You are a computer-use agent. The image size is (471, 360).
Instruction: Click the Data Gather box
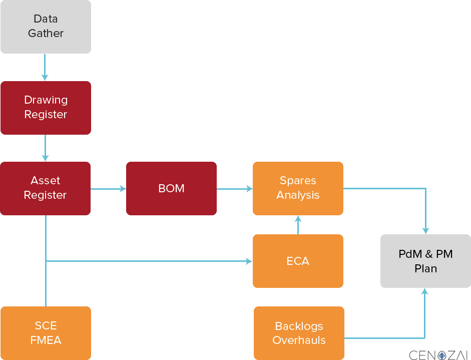point(46,27)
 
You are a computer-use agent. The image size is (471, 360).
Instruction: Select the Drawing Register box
point(46,108)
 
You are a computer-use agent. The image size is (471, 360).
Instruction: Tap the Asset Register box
point(46,188)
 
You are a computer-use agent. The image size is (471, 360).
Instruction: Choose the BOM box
point(171,188)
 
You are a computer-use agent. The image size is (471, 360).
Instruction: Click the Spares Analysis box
point(298,188)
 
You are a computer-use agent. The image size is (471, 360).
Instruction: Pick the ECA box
point(298,261)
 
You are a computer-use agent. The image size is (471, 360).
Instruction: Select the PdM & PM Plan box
point(425,261)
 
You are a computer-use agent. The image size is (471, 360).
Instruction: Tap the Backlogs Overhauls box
point(299,333)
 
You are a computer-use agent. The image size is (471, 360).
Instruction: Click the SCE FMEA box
point(46,333)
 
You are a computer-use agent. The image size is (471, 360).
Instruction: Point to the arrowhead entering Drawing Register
point(45,77)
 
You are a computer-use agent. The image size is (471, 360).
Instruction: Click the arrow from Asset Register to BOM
point(108,189)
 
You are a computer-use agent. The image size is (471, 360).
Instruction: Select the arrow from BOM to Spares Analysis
point(234,189)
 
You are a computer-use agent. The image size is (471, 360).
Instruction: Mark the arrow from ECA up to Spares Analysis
point(298,225)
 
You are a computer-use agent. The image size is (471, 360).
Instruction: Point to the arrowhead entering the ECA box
point(249,261)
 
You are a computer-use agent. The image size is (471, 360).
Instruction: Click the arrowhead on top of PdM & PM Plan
point(425,230)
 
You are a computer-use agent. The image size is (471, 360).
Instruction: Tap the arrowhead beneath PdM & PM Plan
point(425,291)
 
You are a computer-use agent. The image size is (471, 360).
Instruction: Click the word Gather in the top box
point(46,34)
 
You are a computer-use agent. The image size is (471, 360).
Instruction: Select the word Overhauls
point(299,340)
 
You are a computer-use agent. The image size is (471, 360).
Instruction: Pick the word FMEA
point(46,340)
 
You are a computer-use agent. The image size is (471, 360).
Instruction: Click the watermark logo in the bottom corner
point(439,354)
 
